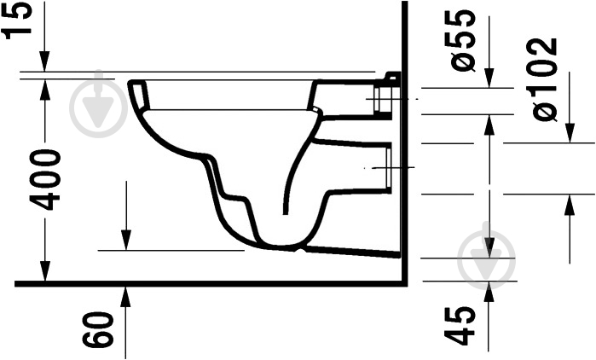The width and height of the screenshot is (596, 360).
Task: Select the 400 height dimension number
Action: pyautogui.click(x=44, y=179)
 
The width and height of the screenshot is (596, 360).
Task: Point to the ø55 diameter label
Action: pyautogui.click(x=464, y=40)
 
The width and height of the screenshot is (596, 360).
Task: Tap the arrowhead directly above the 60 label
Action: pyautogui.click(x=125, y=295)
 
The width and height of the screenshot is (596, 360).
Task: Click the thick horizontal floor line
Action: pyautogui.click(x=205, y=282)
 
